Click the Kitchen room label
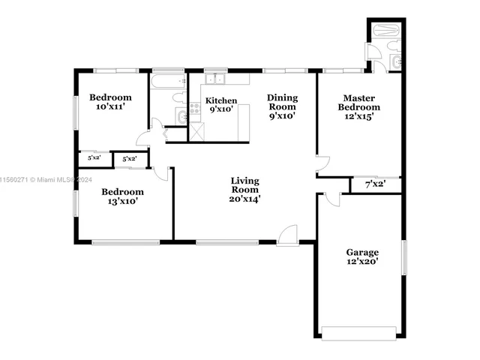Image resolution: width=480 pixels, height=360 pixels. point(221,105)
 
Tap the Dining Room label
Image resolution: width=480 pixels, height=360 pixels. point(283,106)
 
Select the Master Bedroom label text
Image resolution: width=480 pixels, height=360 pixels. point(358,106)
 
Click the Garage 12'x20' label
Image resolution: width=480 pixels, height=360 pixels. point(362,256)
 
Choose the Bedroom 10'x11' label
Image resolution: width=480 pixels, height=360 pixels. point(110,102)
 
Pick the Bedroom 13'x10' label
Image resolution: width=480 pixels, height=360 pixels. point(122,196)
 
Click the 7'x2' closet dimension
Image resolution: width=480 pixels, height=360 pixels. point(375,184)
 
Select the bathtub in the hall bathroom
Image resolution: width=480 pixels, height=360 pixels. point(168,77)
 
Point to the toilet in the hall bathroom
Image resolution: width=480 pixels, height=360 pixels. point(178,97)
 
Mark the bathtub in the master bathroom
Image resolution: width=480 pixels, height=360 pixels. point(384,31)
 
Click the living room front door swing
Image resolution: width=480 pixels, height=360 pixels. point(288,234)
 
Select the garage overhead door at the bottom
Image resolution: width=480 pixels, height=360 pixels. point(362,332)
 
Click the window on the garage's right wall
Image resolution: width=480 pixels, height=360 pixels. point(403,258)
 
